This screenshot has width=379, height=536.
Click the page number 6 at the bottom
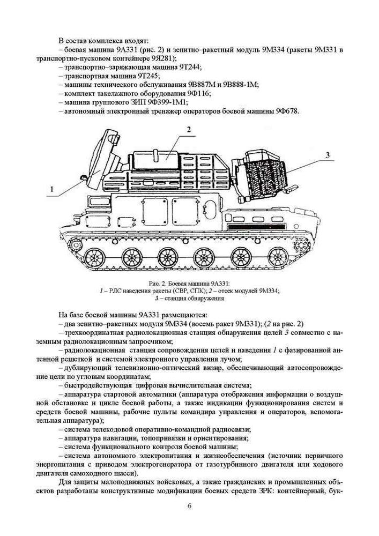pyautogui.click(x=189, y=505)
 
